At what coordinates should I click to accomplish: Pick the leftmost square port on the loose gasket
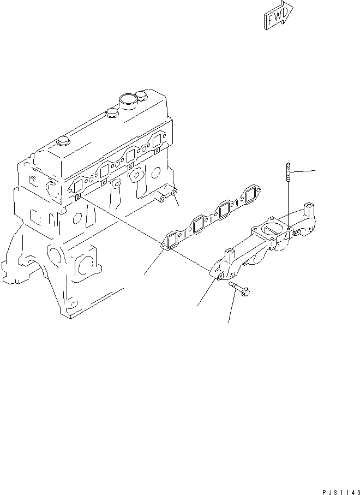(173, 241)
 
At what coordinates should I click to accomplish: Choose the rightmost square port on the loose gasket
(251, 194)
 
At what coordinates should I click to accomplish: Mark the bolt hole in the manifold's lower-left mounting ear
(219, 278)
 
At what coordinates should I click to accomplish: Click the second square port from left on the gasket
(199, 224)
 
